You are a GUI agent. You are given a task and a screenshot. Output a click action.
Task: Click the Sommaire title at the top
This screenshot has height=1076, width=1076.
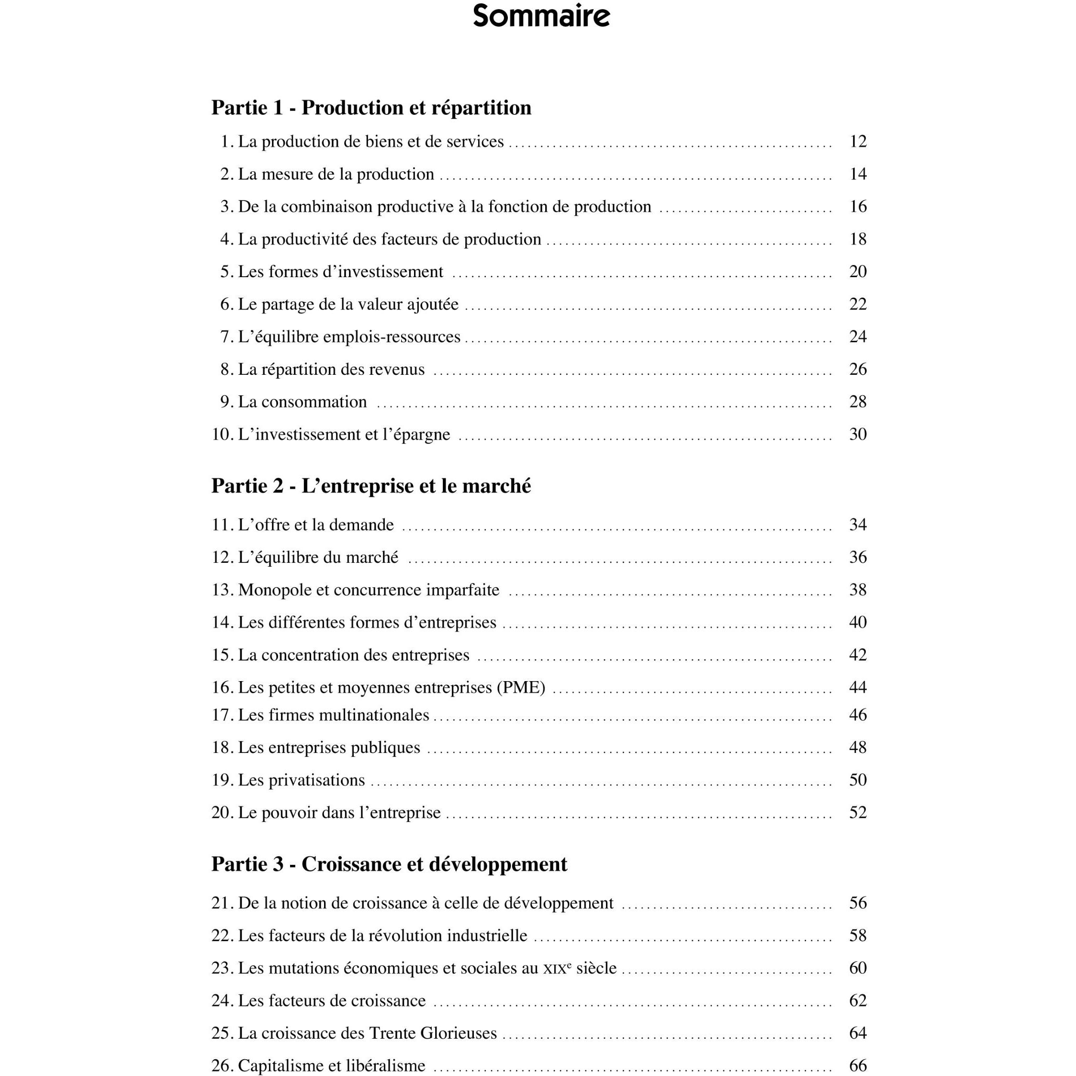[541, 16]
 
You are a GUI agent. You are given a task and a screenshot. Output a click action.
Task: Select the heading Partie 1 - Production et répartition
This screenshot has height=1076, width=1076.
[371, 108]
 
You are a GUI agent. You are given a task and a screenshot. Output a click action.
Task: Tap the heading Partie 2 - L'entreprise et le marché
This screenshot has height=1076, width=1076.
[371, 486]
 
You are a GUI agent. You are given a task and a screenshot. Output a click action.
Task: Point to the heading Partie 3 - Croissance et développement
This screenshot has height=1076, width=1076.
[389, 864]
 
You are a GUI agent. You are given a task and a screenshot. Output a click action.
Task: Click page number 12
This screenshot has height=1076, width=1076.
[858, 142]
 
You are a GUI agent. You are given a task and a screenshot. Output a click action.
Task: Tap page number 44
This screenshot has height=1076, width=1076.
[858, 687]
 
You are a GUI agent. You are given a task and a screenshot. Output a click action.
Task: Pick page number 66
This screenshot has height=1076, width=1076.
[858, 1065]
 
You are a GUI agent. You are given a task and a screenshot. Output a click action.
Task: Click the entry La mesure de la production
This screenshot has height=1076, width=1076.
[336, 174]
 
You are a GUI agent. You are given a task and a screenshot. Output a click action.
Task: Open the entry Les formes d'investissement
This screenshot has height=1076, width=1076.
[340, 272]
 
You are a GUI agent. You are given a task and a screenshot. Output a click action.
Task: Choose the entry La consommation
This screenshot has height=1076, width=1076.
[303, 402]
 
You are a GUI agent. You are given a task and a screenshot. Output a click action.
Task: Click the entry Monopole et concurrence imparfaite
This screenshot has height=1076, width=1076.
[369, 590]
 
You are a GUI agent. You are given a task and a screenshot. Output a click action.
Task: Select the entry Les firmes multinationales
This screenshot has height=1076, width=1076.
[334, 715]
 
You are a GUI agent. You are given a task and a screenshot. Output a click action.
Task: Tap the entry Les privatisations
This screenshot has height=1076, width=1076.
[301, 780]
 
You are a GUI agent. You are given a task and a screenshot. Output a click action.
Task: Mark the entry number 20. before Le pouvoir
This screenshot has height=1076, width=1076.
[222, 813]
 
